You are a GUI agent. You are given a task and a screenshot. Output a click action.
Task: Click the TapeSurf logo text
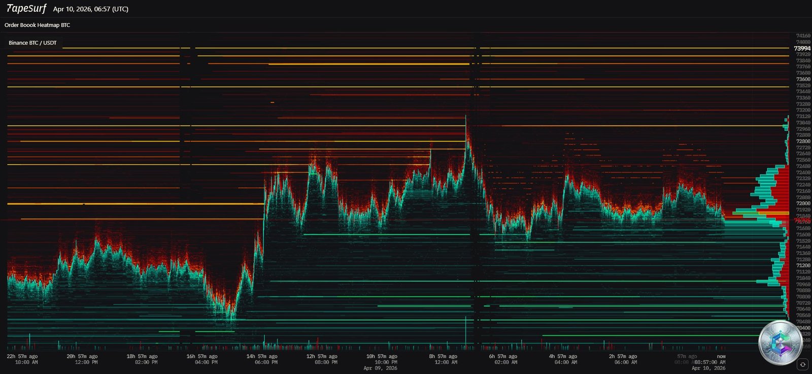coord(26,9)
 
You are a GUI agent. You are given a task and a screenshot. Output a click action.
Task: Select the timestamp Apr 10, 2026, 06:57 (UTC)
coord(91,9)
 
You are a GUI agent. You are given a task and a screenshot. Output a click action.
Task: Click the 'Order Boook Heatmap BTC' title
coord(38,25)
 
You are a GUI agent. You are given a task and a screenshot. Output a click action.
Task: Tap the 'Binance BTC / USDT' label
coord(32,43)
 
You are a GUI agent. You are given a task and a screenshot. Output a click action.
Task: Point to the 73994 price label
coord(802,49)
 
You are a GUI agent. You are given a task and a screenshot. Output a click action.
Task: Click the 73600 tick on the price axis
coord(803,79)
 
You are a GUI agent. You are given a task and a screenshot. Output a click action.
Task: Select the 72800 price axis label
coord(803,141)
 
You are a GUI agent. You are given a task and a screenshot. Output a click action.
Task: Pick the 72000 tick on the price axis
coord(803,203)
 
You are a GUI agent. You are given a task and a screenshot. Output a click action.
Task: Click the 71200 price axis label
coord(803,266)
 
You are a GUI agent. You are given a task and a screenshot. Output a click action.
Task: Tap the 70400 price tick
coord(803,328)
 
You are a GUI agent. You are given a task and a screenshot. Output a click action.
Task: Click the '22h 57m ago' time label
coord(22,357)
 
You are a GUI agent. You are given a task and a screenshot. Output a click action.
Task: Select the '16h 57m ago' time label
coord(202,357)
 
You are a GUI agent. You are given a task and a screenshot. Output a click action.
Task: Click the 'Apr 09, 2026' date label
coord(380,368)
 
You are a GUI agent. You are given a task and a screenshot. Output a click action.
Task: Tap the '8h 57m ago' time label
coord(443,357)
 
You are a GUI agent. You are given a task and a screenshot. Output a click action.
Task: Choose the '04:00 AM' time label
coord(566,362)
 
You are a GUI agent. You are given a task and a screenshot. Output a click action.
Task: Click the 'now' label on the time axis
coord(721,357)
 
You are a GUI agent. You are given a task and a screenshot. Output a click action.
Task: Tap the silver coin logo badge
coord(780,343)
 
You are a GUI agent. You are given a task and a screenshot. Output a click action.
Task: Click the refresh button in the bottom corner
coord(802,364)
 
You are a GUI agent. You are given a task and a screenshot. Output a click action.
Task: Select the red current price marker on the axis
coord(802,221)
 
